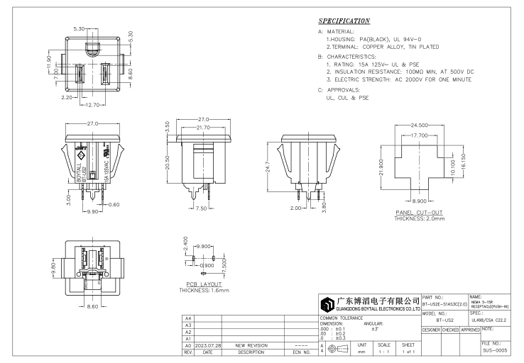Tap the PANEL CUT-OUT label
417,213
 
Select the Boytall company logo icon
328,306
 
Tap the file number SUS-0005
495,351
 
